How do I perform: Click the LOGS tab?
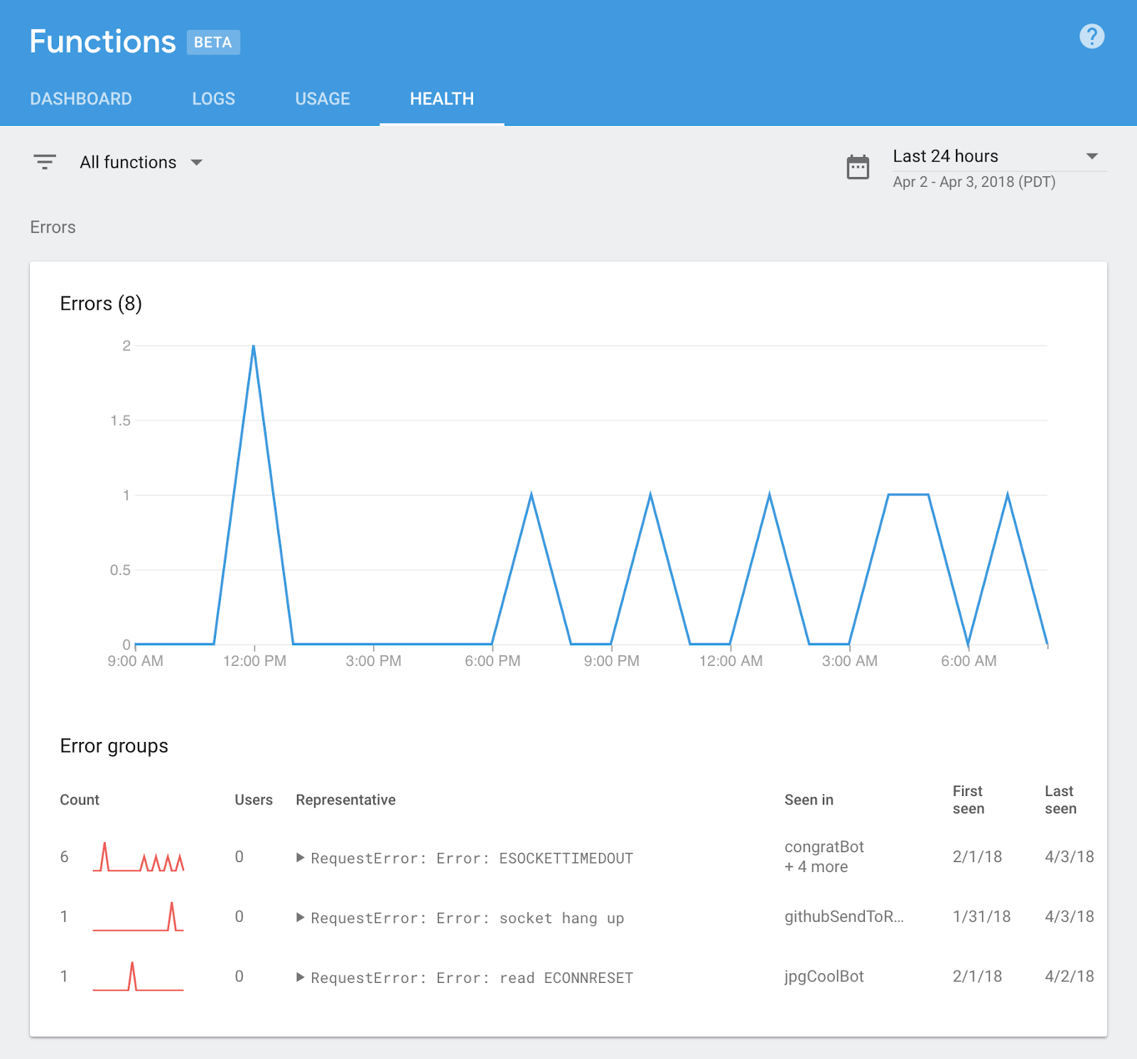click(213, 99)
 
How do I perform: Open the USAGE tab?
click(323, 99)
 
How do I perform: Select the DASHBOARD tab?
click(81, 99)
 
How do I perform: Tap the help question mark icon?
click(1092, 36)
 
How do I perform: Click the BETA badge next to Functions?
click(213, 42)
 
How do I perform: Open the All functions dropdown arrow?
click(197, 163)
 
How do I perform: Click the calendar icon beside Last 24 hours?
click(858, 167)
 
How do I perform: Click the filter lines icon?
click(45, 162)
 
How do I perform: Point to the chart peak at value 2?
click(254, 346)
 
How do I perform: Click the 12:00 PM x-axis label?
click(254, 661)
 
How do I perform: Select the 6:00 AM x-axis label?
click(969, 661)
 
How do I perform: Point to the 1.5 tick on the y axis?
click(121, 421)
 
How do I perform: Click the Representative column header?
click(345, 800)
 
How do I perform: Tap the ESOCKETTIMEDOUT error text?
click(566, 859)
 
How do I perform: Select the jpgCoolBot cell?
click(824, 977)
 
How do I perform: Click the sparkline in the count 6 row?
click(139, 857)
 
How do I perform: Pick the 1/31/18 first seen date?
click(981, 917)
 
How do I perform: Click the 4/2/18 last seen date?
click(1069, 977)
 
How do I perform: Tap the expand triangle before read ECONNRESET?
click(301, 977)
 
